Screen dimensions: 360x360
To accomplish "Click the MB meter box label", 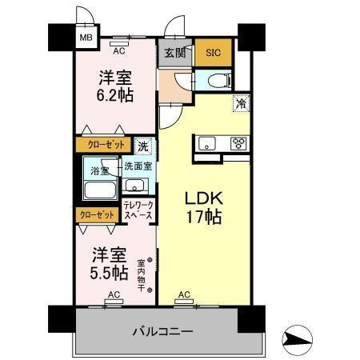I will coord(84,35).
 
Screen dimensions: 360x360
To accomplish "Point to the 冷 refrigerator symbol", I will coord(239,102).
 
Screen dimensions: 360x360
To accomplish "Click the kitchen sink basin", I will coord(205,144).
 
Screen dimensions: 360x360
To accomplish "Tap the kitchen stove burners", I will coord(238,144).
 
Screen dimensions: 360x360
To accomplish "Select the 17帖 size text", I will coord(204,217).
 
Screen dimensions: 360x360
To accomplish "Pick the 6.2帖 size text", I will coord(116,95).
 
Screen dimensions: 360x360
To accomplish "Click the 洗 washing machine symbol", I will coord(142,146).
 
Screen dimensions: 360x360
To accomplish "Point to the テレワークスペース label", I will coord(138,210).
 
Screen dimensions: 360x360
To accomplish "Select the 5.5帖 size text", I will coord(108,273).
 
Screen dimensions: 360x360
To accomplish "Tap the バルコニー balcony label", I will coord(163,330).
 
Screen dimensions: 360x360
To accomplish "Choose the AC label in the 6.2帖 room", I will coord(119,50).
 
